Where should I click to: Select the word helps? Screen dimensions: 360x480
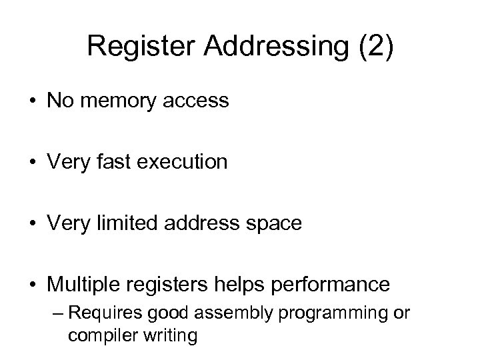point(255,285)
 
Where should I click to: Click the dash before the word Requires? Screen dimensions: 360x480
point(59,313)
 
